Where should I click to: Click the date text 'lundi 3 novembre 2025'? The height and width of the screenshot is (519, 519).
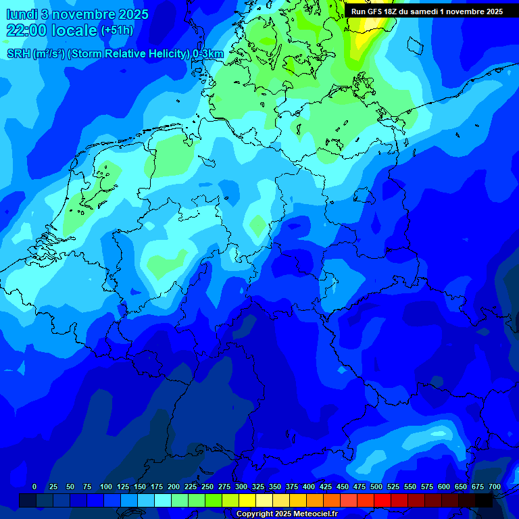78,14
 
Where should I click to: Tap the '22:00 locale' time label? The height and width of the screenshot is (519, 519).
51,30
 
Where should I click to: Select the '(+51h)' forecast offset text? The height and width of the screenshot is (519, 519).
116,30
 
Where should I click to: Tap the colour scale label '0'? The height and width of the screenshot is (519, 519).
34,487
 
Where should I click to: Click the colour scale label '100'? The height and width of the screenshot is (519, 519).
106,487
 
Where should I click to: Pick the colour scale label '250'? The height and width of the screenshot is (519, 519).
207,487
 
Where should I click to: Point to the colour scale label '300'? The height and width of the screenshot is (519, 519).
241,487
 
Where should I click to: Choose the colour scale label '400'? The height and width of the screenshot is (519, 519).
309,487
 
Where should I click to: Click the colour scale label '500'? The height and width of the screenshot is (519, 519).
376,487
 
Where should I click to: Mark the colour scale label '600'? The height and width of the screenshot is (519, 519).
444,487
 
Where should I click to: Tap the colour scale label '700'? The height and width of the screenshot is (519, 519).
495,487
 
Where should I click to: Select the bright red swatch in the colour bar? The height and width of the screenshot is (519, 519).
382,500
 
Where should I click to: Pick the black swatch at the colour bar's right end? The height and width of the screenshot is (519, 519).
484,500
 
